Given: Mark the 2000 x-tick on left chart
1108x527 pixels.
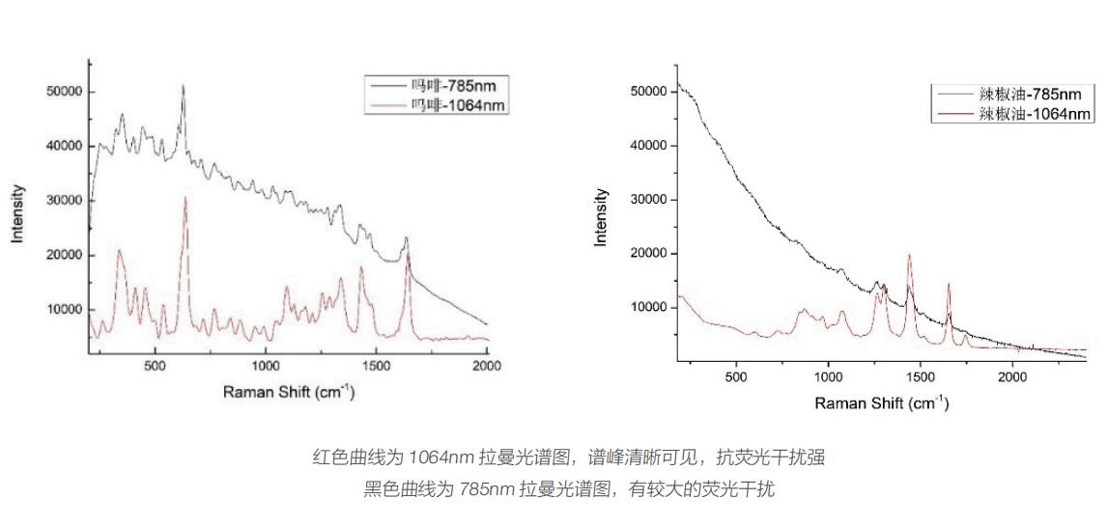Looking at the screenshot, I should [x=487, y=368].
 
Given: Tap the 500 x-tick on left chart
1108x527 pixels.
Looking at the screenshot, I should [x=154, y=368].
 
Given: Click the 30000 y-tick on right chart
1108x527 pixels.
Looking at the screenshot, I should [x=648, y=200].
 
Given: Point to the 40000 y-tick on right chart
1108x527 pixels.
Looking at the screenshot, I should [x=648, y=146].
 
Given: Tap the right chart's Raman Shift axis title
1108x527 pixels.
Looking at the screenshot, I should [x=881, y=402].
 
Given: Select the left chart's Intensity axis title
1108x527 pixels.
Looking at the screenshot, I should [x=17, y=212].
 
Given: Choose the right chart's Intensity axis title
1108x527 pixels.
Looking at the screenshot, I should [x=603, y=217].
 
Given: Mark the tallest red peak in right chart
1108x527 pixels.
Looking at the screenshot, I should [x=909, y=255].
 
